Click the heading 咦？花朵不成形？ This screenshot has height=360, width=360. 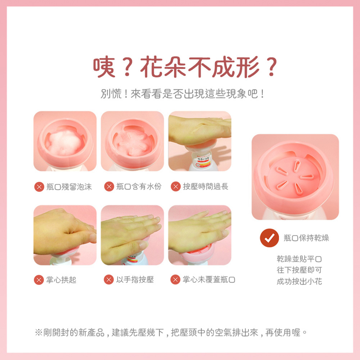(185, 67)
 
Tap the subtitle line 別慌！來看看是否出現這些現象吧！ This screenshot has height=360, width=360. (183, 94)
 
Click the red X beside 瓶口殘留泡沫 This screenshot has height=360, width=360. (39, 186)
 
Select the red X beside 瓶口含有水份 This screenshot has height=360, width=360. (109, 186)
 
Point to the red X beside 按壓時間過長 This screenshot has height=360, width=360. (176, 186)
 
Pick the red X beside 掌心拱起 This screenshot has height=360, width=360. (39, 280)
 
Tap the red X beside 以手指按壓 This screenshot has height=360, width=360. (109, 280)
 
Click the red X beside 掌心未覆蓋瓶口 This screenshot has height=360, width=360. (175, 280)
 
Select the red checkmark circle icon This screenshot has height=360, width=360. (269, 238)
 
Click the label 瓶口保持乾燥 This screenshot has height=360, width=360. (306, 238)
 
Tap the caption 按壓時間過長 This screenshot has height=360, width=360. (206, 186)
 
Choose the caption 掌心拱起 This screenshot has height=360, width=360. (61, 280)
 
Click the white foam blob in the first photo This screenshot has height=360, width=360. (65, 142)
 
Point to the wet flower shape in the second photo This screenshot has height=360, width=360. (133, 143)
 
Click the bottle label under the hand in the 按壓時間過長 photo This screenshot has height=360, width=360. (201, 160)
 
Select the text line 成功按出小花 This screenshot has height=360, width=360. (299, 281)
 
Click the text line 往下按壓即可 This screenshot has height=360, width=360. (299, 270)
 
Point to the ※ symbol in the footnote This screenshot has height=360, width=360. (39, 332)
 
